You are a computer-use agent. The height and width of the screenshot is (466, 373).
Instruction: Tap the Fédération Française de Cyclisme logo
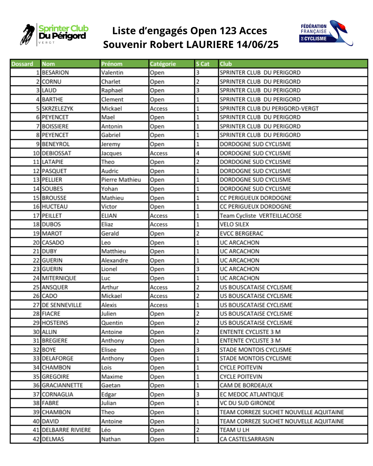coord(326,33)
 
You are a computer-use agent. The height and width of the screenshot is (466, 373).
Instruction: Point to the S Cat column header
coord(203,64)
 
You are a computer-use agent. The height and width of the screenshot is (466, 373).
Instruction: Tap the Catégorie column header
coord(163,64)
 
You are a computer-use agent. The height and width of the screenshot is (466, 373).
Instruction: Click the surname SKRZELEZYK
coord(57,108)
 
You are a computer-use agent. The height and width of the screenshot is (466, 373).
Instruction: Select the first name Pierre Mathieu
coord(121,180)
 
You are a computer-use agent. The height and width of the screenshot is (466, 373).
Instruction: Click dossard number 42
coord(36,439)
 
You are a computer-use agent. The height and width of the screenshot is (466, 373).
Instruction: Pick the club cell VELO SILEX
coord(234,224)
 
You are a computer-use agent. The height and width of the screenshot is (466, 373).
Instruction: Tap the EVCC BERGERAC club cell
coord(241,233)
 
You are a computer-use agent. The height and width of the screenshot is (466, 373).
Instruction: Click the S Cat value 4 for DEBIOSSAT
coord(198,153)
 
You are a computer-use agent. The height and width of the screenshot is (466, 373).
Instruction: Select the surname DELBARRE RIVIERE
coord(66,430)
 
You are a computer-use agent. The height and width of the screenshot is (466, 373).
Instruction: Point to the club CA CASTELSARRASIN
coord(247,439)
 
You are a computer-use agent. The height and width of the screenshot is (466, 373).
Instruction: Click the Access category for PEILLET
coord(159,216)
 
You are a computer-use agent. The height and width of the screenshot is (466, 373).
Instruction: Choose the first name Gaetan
coord(111,385)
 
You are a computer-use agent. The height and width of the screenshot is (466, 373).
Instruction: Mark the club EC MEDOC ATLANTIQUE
coord(251,394)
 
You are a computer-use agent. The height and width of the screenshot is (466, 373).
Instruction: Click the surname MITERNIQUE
coord(59,278)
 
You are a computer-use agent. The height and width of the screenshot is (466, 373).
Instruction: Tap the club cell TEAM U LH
coord(234,430)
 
